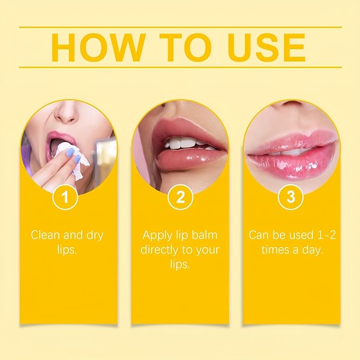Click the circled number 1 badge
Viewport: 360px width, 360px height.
tap(65, 197)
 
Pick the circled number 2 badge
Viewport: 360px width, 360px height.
tap(180, 197)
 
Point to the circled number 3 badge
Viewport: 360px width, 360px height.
tap(291, 197)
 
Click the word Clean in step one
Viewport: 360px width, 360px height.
tap(46, 235)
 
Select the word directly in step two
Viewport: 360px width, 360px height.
tap(160, 250)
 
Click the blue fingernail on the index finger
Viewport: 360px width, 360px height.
tap(71, 152)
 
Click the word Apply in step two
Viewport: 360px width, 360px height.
tap(157, 235)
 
